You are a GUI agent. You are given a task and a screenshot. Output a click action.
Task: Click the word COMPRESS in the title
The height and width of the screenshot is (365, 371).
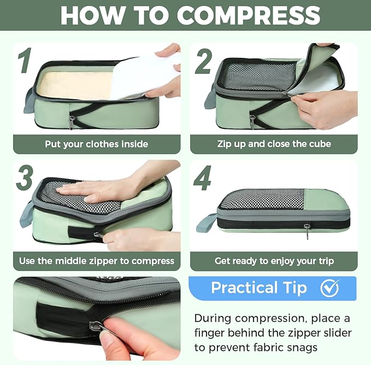pyautogui.click(x=249, y=16)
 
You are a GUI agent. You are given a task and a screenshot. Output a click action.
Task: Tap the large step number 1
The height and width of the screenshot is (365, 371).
pyautogui.click(x=23, y=61)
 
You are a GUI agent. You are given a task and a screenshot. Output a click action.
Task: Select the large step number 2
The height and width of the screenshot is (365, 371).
pyautogui.click(x=203, y=61)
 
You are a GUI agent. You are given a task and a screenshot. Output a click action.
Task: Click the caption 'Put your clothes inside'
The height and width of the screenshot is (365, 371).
pyautogui.click(x=97, y=144)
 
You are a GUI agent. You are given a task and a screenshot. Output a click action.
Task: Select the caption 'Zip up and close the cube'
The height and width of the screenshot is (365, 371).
pyautogui.click(x=274, y=144)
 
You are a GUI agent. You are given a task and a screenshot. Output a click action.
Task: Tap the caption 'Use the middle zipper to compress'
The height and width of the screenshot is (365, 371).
pyautogui.click(x=97, y=261)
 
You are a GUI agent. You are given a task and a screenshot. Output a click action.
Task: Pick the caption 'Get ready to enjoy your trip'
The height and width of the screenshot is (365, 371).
pyautogui.click(x=274, y=261)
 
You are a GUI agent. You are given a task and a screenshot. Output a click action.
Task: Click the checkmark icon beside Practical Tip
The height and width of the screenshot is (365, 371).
pyautogui.click(x=329, y=288)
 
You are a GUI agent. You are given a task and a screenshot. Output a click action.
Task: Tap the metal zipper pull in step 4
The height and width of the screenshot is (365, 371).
pyautogui.click(x=308, y=230)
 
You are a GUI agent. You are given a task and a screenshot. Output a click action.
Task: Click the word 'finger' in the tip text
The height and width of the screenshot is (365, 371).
pyautogui.click(x=212, y=333)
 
